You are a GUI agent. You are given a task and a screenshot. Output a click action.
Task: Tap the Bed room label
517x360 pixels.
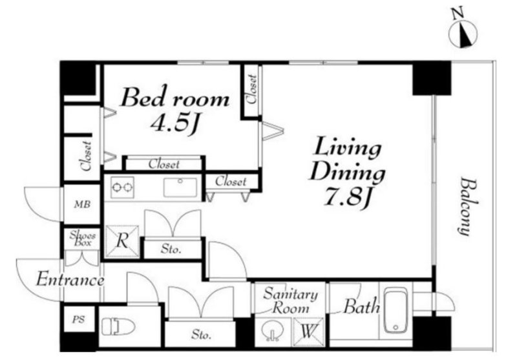coord(175,97)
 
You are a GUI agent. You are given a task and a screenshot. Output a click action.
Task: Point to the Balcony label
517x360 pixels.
coord(467,207)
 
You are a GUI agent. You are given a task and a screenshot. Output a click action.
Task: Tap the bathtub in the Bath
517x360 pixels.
coord(396,310)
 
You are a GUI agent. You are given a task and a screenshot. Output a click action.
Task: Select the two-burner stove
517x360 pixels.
coord(122,187)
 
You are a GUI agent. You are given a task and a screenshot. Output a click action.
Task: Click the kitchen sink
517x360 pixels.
coord(180,187)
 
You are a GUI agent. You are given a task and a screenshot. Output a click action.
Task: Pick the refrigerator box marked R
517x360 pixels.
coord(121,241)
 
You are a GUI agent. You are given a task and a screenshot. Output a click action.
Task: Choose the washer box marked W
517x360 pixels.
coord(308,332)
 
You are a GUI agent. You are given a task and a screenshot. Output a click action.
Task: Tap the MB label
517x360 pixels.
coord(82,204)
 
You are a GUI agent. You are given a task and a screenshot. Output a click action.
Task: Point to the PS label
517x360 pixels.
coord(78,319)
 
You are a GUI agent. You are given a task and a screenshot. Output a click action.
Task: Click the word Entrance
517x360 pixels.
coord(70,280)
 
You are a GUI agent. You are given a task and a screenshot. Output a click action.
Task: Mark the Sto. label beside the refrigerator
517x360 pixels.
coord(171,249)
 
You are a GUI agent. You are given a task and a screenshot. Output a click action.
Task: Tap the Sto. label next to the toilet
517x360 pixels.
coord(201,335)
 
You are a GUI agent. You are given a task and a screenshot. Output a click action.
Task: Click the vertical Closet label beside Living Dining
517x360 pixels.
coord(252,90)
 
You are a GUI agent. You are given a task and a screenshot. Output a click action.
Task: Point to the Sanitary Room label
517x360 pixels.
coord(290,301)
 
